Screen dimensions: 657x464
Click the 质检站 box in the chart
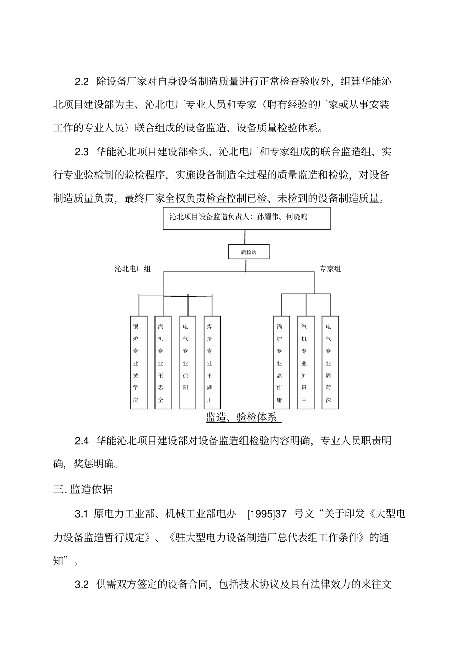(249, 252)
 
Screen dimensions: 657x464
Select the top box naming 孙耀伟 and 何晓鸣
(246, 218)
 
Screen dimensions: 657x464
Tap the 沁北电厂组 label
(133, 269)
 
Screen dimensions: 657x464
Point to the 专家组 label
(330, 269)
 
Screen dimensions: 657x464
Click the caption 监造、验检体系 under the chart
(241, 417)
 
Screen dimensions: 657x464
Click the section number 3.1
(81, 514)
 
